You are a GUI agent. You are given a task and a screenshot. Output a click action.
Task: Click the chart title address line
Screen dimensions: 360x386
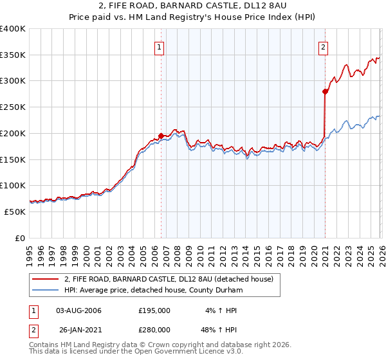[193, 6]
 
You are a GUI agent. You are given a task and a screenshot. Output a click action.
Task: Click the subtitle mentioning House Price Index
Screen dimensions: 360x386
[193, 17]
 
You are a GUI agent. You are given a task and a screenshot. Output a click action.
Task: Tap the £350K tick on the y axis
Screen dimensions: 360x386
[13, 55]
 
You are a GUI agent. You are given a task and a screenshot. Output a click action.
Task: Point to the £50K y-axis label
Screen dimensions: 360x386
[15, 212]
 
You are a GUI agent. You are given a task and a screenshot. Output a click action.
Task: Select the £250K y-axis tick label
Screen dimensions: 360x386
[13, 107]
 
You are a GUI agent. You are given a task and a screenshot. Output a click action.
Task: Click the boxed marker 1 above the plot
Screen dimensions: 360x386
[159, 46]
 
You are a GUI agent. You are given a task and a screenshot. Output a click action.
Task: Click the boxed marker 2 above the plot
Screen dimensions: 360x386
[323, 46]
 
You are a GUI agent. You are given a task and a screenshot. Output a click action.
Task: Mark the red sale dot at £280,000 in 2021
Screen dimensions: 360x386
[326, 92]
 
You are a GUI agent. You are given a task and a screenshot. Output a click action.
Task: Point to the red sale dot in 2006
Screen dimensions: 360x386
[161, 136]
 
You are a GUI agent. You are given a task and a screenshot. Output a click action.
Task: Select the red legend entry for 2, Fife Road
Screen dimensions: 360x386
[169, 279]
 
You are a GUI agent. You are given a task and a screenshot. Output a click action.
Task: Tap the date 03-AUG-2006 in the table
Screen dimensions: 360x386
[78, 310]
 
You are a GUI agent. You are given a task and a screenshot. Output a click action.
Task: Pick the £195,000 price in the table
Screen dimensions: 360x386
[154, 310]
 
